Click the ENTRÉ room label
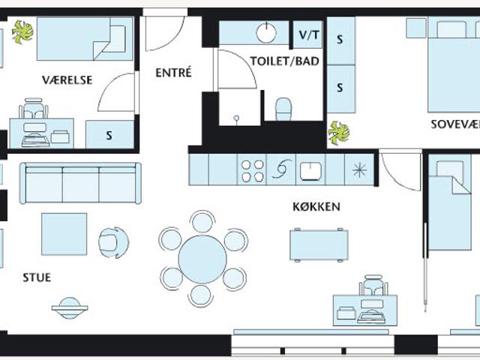(x=173, y=73)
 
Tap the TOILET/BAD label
(x=285, y=61)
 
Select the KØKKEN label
(x=316, y=207)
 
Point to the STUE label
(x=37, y=277)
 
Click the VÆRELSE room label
(x=67, y=80)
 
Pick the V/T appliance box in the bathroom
(x=308, y=34)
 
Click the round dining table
(x=202, y=259)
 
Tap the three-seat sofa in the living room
(x=80, y=183)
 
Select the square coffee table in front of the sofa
(x=64, y=234)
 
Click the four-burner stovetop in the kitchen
(x=252, y=170)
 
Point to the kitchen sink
(x=310, y=171)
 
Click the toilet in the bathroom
(x=283, y=109)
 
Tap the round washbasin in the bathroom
(x=266, y=33)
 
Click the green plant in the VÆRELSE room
(x=22, y=31)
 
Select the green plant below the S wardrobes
(x=338, y=133)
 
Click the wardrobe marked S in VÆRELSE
(x=109, y=135)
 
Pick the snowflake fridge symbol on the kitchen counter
(x=359, y=170)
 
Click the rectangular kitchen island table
(x=319, y=245)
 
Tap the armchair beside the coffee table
(x=113, y=242)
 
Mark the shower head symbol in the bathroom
(x=236, y=118)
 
